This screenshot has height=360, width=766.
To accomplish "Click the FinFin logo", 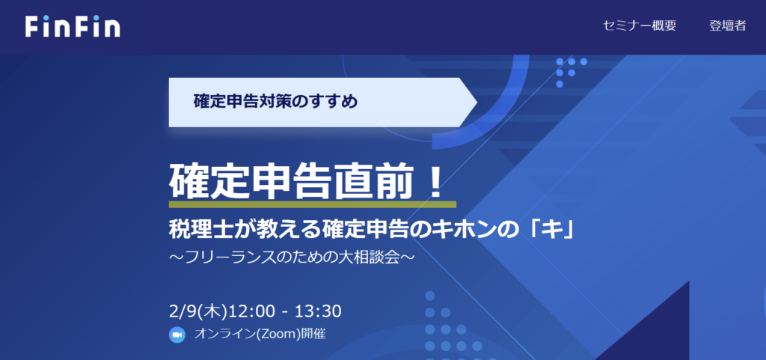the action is (x=73, y=26).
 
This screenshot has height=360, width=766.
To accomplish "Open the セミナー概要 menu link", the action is (x=639, y=26).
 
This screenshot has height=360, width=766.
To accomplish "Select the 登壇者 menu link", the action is (x=727, y=26).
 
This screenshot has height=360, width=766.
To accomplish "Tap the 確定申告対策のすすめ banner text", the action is (x=275, y=102).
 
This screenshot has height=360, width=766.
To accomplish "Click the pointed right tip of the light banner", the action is (x=477, y=102).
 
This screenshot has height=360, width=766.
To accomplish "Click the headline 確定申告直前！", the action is (x=307, y=182).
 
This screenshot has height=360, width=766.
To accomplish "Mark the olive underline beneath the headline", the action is (x=313, y=204).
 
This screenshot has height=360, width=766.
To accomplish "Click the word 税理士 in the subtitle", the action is (x=194, y=230).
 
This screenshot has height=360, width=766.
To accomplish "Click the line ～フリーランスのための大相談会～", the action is (x=292, y=257).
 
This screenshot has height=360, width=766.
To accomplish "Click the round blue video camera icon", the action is (x=177, y=335).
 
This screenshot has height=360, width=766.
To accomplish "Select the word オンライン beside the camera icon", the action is (x=224, y=335).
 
